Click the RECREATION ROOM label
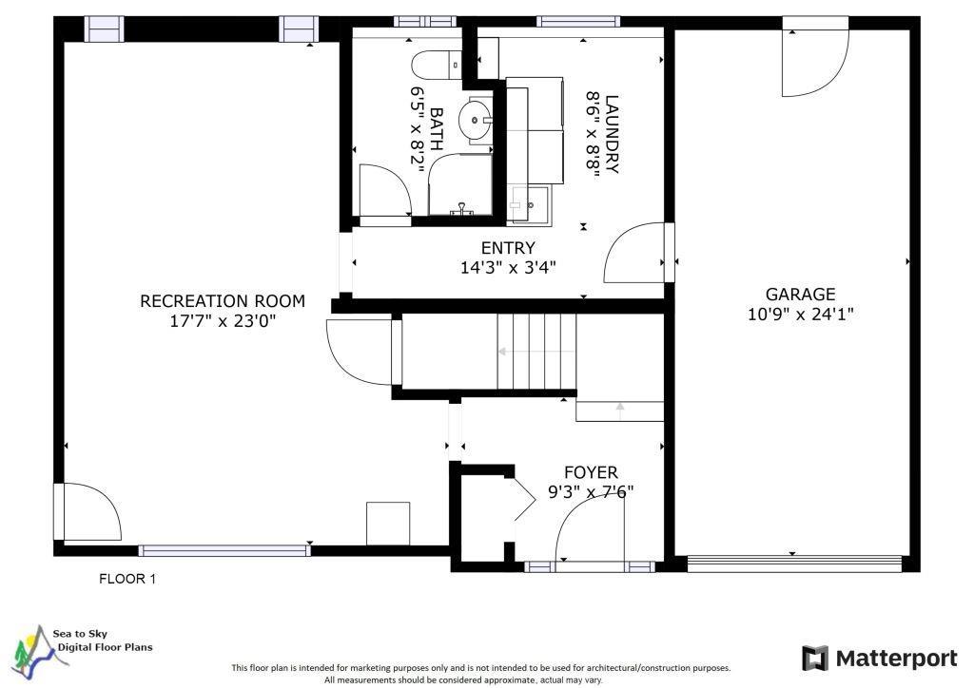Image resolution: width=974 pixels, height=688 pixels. coord(223,301)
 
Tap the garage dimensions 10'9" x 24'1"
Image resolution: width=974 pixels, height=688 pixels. coord(800,314)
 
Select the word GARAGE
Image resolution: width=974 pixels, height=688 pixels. coord(800,294)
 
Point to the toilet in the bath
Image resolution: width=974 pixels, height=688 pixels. coord(436,65)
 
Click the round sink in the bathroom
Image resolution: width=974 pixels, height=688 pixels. coord(475,119)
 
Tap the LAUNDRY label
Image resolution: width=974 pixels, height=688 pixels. coord(612,134)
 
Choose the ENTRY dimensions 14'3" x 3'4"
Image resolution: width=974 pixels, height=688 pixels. coord(508,268)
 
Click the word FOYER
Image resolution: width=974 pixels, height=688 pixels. coord(591,472)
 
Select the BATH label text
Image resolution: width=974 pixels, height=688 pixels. coord(436,129)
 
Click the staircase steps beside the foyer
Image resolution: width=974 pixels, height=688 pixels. coord(536,352)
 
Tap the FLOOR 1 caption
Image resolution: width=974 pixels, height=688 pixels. coord(127,579)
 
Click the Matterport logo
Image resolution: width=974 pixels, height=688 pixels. coord(880,659)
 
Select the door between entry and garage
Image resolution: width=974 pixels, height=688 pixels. coord(634,253)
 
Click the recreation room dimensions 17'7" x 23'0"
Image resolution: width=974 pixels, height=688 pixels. coord(223,321)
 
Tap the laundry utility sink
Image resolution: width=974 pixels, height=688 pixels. coord(529,204)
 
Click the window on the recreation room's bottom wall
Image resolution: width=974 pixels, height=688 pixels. coord(224,550)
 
